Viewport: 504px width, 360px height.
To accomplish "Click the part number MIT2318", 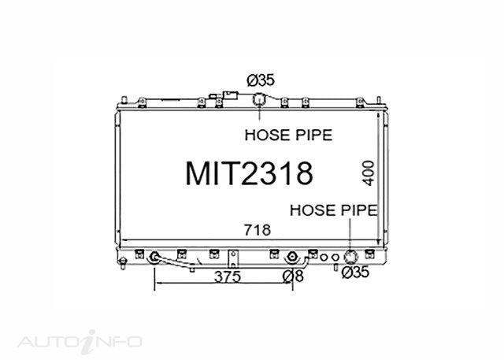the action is point(249,173).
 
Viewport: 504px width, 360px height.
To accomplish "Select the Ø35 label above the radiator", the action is point(261,80).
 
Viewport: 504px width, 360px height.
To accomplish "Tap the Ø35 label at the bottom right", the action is point(355,273).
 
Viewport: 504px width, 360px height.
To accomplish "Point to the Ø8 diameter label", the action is point(293,276).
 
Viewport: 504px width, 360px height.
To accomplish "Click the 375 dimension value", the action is point(228,276).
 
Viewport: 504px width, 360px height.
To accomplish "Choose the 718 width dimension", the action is point(258,230).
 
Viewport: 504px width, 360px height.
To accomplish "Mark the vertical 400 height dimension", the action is point(369,173).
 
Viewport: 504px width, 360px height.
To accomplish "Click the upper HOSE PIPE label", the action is point(288,135).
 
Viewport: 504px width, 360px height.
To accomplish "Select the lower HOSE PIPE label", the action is point(334,210).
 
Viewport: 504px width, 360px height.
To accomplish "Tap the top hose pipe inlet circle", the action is point(258,99).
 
